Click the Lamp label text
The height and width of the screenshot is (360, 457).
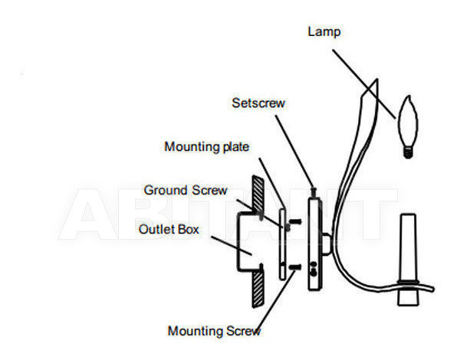(324, 31)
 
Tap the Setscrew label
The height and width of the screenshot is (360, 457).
(258, 103)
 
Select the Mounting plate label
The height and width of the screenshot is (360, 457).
(206, 147)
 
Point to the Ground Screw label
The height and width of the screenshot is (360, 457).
(186, 190)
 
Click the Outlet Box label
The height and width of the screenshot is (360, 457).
(169, 229)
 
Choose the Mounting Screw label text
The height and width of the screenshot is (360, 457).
(214, 331)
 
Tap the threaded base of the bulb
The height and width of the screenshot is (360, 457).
(408, 152)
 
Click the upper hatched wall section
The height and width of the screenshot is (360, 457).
(258, 194)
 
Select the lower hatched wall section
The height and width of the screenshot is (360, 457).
(258, 288)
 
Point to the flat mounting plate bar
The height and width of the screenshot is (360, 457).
(282, 244)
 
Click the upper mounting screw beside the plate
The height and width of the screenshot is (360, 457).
(294, 222)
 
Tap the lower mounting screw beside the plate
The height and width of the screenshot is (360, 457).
(294, 267)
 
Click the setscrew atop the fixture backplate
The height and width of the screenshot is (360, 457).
(314, 192)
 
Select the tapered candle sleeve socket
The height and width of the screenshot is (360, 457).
(408, 260)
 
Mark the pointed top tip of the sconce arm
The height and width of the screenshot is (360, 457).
(377, 79)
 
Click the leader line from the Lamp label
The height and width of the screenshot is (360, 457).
(364, 84)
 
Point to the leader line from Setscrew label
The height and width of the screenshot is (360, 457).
(294, 152)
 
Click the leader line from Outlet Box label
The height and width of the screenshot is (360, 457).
(232, 246)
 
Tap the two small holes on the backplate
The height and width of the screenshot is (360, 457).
(314, 269)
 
